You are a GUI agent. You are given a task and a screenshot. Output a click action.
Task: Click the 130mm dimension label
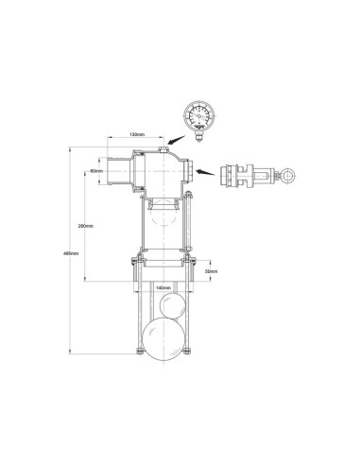tap(138, 135)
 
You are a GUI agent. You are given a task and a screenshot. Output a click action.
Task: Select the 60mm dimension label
tap(96, 172)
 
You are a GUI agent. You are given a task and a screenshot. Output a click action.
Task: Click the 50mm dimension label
tap(210, 271)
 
